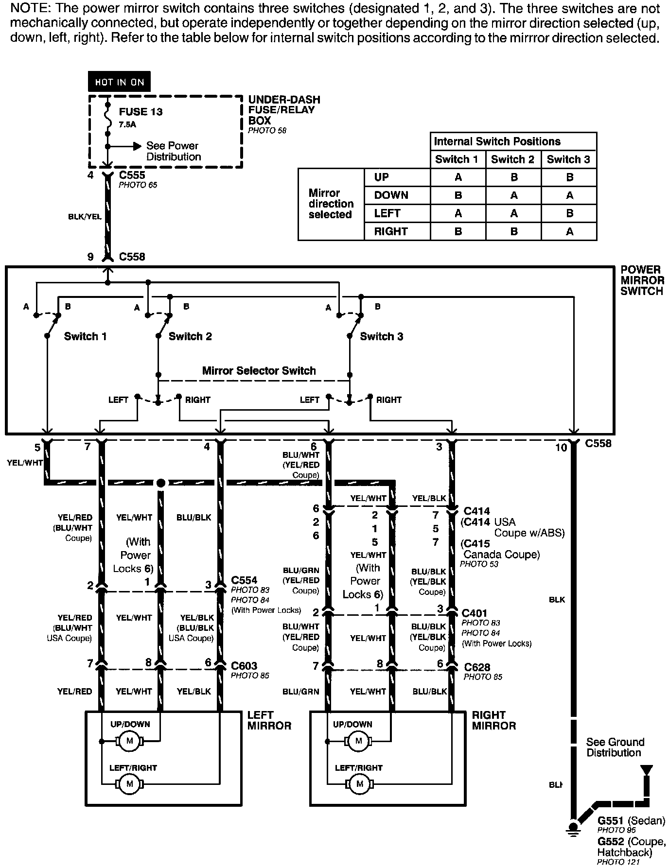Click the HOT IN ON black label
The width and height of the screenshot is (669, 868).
(119, 82)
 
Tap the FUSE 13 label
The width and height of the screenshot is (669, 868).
(141, 112)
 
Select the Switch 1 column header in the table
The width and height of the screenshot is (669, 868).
(457, 159)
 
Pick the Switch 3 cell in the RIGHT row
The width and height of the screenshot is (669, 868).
(569, 232)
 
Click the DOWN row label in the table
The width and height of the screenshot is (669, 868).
(391, 195)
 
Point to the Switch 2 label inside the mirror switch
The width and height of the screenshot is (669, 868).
(190, 336)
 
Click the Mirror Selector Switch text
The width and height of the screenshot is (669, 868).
(259, 371)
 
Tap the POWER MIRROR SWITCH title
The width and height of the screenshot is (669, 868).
(642, 280)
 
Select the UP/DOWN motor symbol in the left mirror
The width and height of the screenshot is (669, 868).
(129, 741)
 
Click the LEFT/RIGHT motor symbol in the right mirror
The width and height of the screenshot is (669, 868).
(359, 784)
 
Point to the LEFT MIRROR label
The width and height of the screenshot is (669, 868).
(269, 720)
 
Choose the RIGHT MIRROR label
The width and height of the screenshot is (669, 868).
(493, 720)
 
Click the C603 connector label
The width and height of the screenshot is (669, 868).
(244, 666)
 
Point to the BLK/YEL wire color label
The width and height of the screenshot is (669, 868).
(85, 217)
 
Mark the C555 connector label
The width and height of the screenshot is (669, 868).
(132, 175)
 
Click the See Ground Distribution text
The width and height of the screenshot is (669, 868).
(615, 747)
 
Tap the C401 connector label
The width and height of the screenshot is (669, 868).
(474, 613)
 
